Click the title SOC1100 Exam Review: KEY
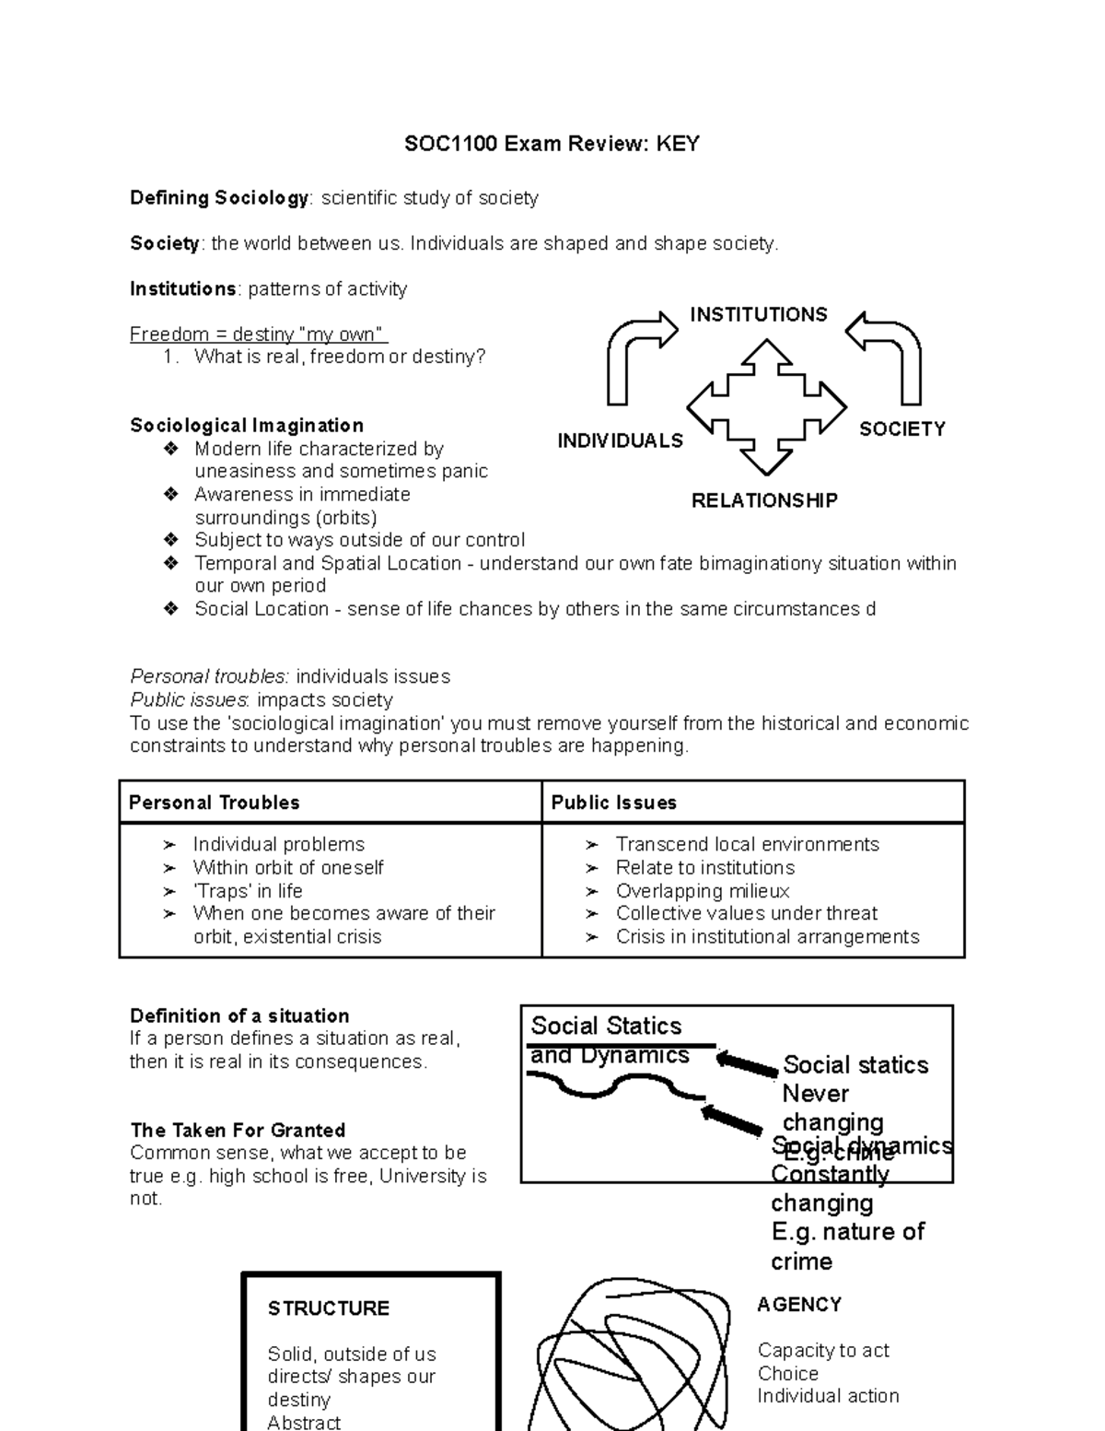(552, 144)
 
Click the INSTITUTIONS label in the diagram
(759, 315)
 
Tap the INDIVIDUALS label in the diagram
(620, 441)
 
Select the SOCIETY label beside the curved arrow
(901, 429)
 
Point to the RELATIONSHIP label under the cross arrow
(764, 501)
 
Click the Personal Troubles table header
(215, 803)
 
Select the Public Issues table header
(613, 803)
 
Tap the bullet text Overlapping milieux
(703, 891)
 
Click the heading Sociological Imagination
(247, 426)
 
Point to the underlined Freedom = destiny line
(259, 334)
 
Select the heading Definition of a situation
(239, 1016)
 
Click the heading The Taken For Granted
(238, 1131)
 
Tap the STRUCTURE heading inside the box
(329, 1308)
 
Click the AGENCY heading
(799, 1305)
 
